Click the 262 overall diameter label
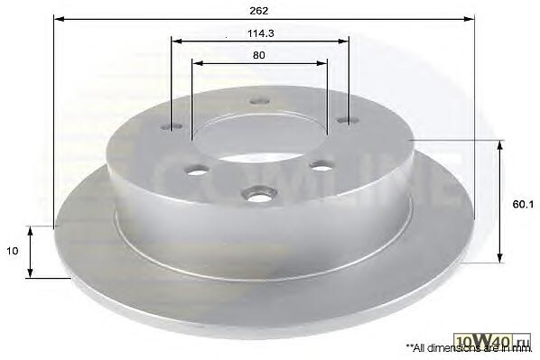258,11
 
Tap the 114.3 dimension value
261,33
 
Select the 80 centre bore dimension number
258,55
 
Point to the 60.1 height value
523,205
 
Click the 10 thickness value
13,251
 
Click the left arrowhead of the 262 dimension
60,19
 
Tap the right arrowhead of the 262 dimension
469,19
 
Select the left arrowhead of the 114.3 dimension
177,42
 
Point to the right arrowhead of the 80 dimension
321,63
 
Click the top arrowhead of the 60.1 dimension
500,145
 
